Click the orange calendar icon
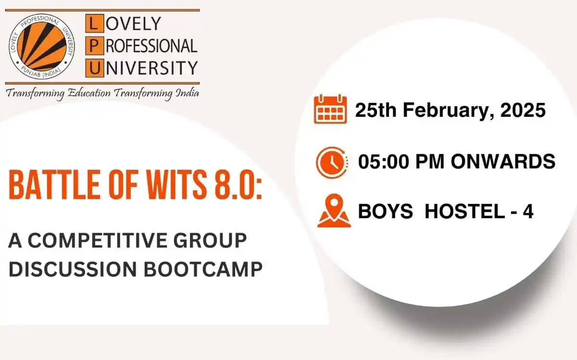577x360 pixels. [x=330, y=109]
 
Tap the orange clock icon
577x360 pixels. [x=332, y=162]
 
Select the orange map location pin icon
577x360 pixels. [x=334, y=211]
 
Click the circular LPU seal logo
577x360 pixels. [x=41, y=46]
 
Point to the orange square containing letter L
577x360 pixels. [x=95, y=23]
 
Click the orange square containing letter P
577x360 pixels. [x=95, y=46]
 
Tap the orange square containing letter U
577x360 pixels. [x=95, y=68]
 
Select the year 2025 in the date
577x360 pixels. [x=523, y=110]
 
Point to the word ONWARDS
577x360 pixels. [x=503, y=161]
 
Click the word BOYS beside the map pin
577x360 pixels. [x=385, y=211]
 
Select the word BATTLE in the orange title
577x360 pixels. [x=54, y=185]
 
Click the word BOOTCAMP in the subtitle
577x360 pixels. [x=203, y=269]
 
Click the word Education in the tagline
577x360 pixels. [x=89, y=93]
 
